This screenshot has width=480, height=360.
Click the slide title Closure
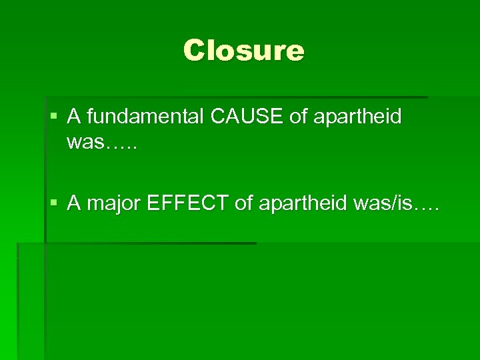tap(243, 51)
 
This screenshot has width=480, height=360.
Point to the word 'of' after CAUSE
tap(298, 117)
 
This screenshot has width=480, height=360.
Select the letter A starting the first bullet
tap(73, 117)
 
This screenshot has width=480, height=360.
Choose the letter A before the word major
tap(73, 204)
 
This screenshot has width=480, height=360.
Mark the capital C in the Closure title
tap(195, 51)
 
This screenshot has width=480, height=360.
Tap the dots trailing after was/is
tap(427, 209)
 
